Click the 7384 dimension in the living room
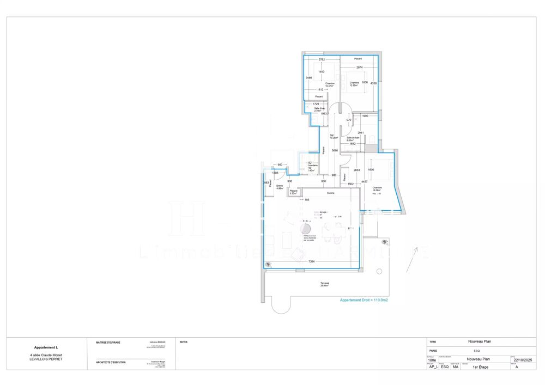[x=311, y=262]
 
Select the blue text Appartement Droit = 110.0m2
[x=364, y=300]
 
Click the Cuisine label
[x=330, y=193]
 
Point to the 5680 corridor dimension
[x=335, y=151]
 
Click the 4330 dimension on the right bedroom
[x=373, y=83]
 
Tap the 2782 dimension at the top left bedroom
[x=322, y=59]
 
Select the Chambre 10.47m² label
[x=330, y=84]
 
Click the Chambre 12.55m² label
[x=354, y=84]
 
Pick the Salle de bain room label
[x=353, y=139]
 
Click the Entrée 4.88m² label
[x=280, y=187]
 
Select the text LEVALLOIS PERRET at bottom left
[x=46, y=359]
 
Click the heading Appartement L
[x=46, y=347]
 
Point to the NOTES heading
[x=183, y=342]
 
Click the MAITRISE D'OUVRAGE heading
[x=108, y=343]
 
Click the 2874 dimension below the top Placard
[x=360, y=68]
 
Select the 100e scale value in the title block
[x=432, y=359]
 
